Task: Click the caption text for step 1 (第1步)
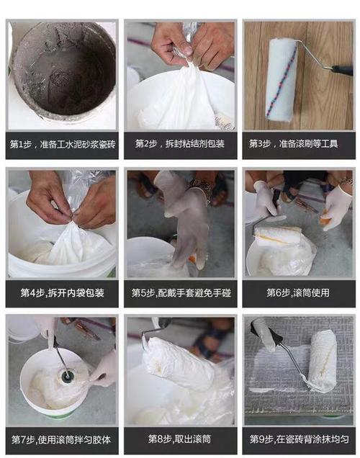pyautogui.click(x=63, y=144)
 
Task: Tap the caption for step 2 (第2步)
pyautogui.click(x=179, y=143)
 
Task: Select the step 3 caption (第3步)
pyautogui.click(x=294, y=143)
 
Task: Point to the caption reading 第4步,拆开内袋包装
pyautogui.click(x=62, y=292)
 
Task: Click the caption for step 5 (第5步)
pyautogui.click(x=181, y=292)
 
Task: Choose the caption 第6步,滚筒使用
pyautogui.click(x=298, y=292)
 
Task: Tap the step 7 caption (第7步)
pyautogui.click(x=61, y=439)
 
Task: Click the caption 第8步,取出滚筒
pyautogui.click(x=179, y=439)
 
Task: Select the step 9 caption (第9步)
pyautogui.click(x=300, y=439)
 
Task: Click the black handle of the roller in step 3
pyautogui.click(x=342, y=70)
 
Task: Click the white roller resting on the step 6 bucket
pyautogui.click(x=278, y=235)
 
